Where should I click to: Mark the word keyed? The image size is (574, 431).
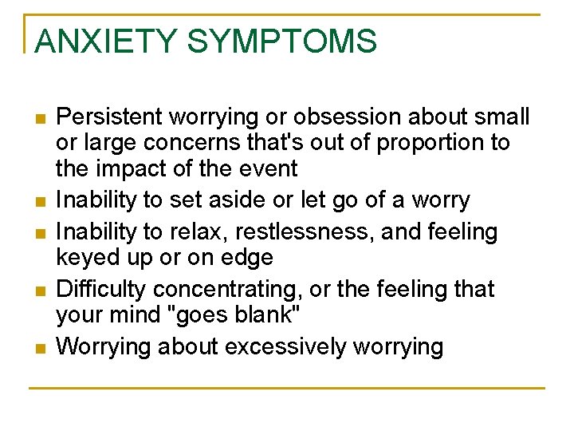pyautogui.click(x=85, y=258)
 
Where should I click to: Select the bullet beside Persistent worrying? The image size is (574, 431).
pyautogui.click(x=40, y=119)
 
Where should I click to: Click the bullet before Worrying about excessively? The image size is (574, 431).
pyautogui.click(x=40, y=348)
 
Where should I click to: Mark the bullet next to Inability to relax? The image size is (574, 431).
pyautogui.click(x=40, y=233)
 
